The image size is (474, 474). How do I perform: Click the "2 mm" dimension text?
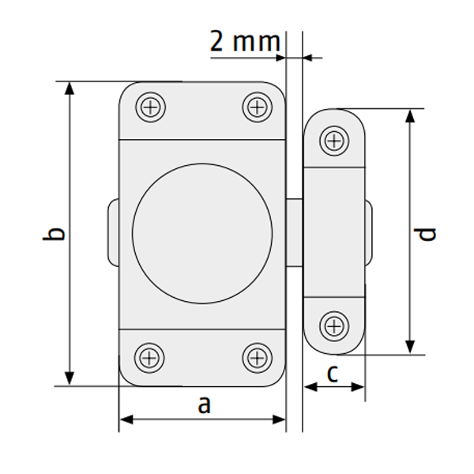coord(245,41)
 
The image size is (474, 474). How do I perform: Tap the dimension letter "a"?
coord(204,404)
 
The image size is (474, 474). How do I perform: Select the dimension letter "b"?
coord(54,234)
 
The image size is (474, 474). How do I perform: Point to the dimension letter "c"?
coord(333,374)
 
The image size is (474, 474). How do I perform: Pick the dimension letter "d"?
coord(425,235)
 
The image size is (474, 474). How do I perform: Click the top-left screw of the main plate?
coord(151,107)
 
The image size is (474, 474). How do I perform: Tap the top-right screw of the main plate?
coord(258,107)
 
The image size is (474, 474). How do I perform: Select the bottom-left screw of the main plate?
coord(149,358)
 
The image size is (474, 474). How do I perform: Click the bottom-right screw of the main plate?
coord(258,358)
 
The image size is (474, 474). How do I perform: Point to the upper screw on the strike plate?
coord(334,141)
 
